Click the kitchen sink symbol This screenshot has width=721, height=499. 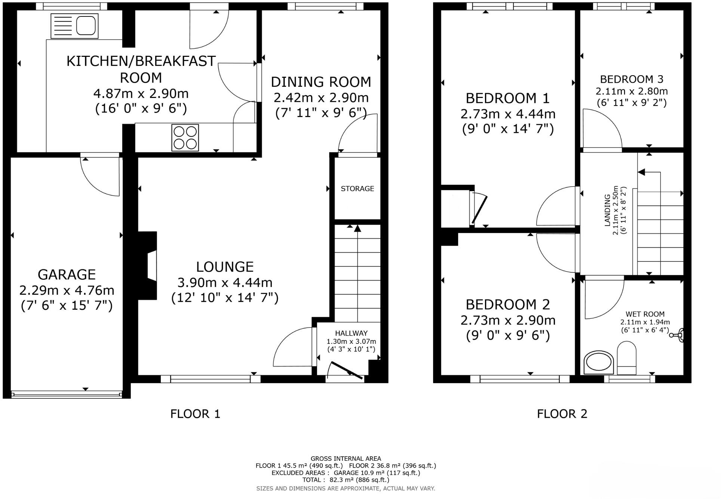[x=74, y=26]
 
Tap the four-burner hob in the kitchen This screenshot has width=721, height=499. [x=185, y=138]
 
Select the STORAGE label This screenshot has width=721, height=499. [x=357, y=189]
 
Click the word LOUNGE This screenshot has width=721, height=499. [x=225, y=267]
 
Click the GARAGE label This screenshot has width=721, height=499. [x=67, y=275]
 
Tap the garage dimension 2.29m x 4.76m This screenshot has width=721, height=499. [x=67, y=290]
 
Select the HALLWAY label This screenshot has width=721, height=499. [x=351, y=333]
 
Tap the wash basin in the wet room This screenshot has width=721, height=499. [x=599, y=362]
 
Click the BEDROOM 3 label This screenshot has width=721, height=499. [x=632, y=79]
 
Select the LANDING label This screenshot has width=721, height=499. [x=607, y=210]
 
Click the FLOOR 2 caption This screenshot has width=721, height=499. [x=562, y=414]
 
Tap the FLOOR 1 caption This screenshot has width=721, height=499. [x=195, y=414]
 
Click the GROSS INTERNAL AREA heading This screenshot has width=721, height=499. [x=346, y=459]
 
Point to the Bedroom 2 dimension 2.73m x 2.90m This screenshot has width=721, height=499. [x=508, y=321]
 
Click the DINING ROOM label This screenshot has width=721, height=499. [x=321, y=82]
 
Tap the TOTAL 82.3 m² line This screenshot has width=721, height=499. [x=346, y=480]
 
